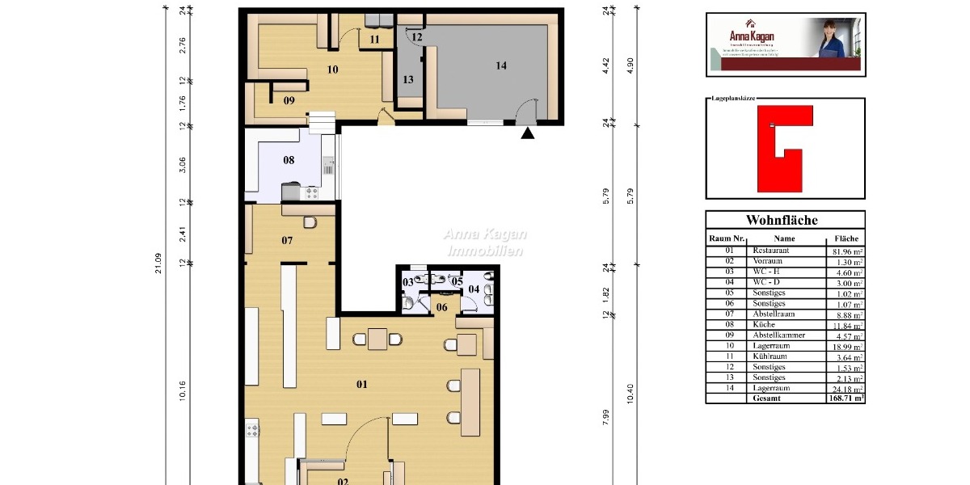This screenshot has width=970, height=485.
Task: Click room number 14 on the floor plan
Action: tap(501, 65)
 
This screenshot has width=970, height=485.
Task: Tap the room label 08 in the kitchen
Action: tap(289, 160)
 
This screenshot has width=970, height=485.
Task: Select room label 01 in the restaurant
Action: tap(362, 383)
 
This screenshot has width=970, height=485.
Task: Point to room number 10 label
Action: tap(331, 70)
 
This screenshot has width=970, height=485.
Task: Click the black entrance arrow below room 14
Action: tap(528, 133)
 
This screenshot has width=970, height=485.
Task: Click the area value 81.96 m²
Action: tap(849, 251)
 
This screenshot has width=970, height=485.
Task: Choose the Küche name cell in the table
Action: tap(765, 324)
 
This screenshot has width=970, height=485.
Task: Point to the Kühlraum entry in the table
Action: tap(771, 356)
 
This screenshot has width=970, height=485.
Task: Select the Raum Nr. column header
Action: tap(727, 239)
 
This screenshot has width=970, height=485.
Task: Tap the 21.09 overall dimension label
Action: tap(158, 264)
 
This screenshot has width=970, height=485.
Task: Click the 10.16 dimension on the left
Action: tap(183, 390)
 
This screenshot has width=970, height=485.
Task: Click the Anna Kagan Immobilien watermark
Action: tap(485, 242)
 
